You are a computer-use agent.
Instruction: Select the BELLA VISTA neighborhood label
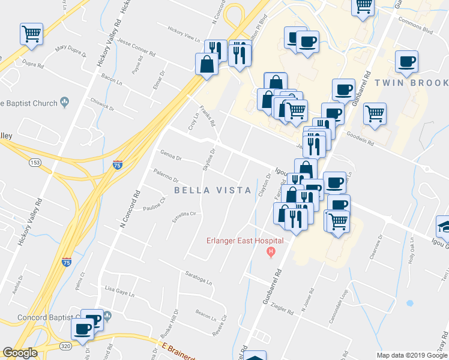[212, 190]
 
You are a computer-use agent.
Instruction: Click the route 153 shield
[35, 163]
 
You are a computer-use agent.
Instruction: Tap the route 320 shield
[66, 346]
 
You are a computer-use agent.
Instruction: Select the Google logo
[20, 353]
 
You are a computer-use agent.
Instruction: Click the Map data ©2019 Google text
[411, 355]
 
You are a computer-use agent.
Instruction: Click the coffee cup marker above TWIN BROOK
[406, 61]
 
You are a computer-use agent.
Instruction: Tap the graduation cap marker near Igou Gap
[445, 227]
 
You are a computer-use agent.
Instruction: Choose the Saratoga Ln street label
[199, 279]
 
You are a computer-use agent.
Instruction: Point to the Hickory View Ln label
[183, 34]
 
